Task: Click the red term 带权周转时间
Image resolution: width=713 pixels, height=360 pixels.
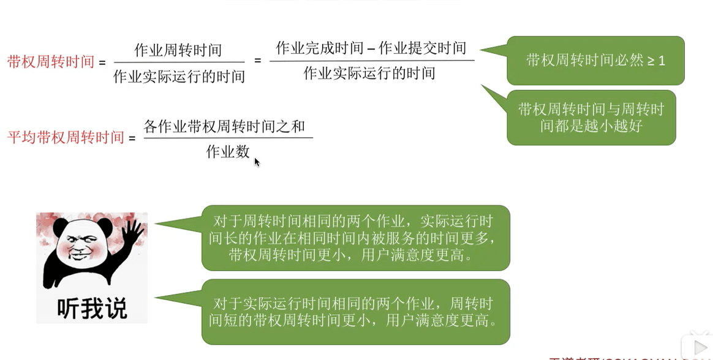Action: pyautogui.click(x=51, y=62)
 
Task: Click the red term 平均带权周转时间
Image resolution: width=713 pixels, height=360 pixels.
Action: pyautogui.click(x=66, y=137)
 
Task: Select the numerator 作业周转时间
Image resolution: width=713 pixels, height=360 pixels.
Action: pyautogui.click(x=178, y=50)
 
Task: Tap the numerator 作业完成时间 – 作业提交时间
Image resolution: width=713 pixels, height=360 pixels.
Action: pyautogui.click(x=371, y=48)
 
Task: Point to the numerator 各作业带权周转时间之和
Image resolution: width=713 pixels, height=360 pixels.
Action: pyautogui.click(x=224, y=127)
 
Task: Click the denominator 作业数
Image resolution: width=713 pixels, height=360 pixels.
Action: pyautogui.click(x=228, y=151)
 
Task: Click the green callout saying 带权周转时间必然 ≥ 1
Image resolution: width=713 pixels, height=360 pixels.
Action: pyautogui.click(x=595, y=61)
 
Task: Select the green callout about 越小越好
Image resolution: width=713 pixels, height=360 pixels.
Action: pyautogui.click(x=591, y=118)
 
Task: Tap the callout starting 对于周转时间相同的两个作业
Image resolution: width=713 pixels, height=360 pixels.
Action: pyautogui.click(x=355, y=238)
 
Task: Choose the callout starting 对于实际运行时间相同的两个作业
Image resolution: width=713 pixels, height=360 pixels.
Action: pyautogui.click(x=355, y=312)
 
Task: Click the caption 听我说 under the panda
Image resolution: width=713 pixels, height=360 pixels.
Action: pyautogui.click(x=92, y=309)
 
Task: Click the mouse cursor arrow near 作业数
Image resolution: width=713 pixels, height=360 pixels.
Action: pyautogui.click(x=257, y=162)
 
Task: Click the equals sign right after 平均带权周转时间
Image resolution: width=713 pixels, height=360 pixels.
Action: pyautogui.click(x=132, y=138)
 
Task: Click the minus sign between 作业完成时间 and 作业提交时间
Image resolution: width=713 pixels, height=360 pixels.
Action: pyautogui.click(x=371, y=48)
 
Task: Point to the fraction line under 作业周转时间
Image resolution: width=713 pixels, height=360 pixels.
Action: pyautogui.click(x=179, y=62)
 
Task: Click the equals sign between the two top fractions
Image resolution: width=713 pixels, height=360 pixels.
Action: pyautogui.click(x=257, y=61)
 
